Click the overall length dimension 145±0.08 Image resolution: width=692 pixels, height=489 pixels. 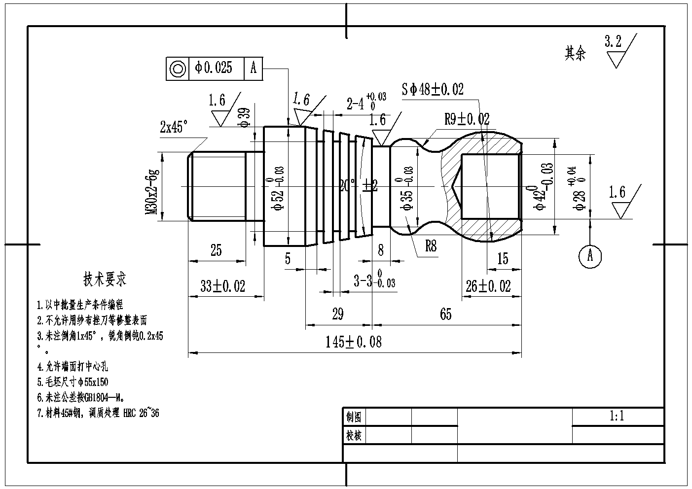click(x=353, y=342)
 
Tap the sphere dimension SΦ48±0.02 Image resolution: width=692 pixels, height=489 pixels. click(x=432, y=89)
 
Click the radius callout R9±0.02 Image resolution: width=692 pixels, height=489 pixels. click(x=467, y=119)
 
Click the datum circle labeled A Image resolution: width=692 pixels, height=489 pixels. click(x=590, y=256)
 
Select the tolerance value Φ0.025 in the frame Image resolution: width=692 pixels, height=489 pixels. click(x=214, y=68)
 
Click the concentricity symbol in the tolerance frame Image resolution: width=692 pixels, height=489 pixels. click(x=178, y=68)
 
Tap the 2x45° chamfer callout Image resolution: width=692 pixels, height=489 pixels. click(x=174, y=127)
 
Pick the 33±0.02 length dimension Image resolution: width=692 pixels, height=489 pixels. click(x=222, y=286)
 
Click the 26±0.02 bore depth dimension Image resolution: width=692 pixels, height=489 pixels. click(x=488, y=286)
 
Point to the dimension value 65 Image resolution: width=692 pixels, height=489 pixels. click(x=445, y=314)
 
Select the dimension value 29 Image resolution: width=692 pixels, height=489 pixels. click(x=337, y=314)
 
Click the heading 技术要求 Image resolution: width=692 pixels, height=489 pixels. click(x=105, y=279)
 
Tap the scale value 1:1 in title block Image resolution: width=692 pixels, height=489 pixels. click(x=617, y=417)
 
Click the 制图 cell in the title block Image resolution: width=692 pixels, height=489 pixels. click(x=354, y=417)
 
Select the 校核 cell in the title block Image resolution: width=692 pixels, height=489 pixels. click(x=354, y=435)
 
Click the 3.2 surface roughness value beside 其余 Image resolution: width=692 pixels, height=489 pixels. click(x=613, y=42)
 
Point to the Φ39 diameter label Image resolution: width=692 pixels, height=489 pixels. click(x=244, y=118)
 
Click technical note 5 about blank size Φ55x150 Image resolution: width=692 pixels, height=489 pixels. click(x=73, y=382)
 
